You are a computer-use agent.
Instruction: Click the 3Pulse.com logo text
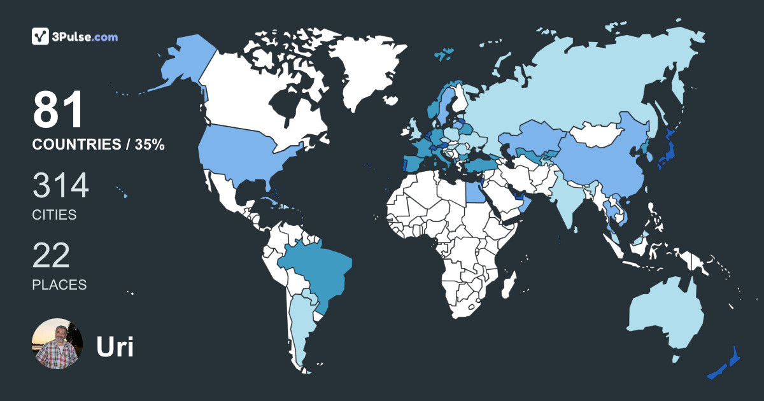pos(86,37)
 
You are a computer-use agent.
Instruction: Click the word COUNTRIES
pos(76,145)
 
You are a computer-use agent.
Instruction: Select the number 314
pos(60,186)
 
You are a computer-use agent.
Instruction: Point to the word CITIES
pos(54,215)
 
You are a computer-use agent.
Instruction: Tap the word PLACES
pos(59,285)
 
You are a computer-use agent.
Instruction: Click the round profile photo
pos(57,344)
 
